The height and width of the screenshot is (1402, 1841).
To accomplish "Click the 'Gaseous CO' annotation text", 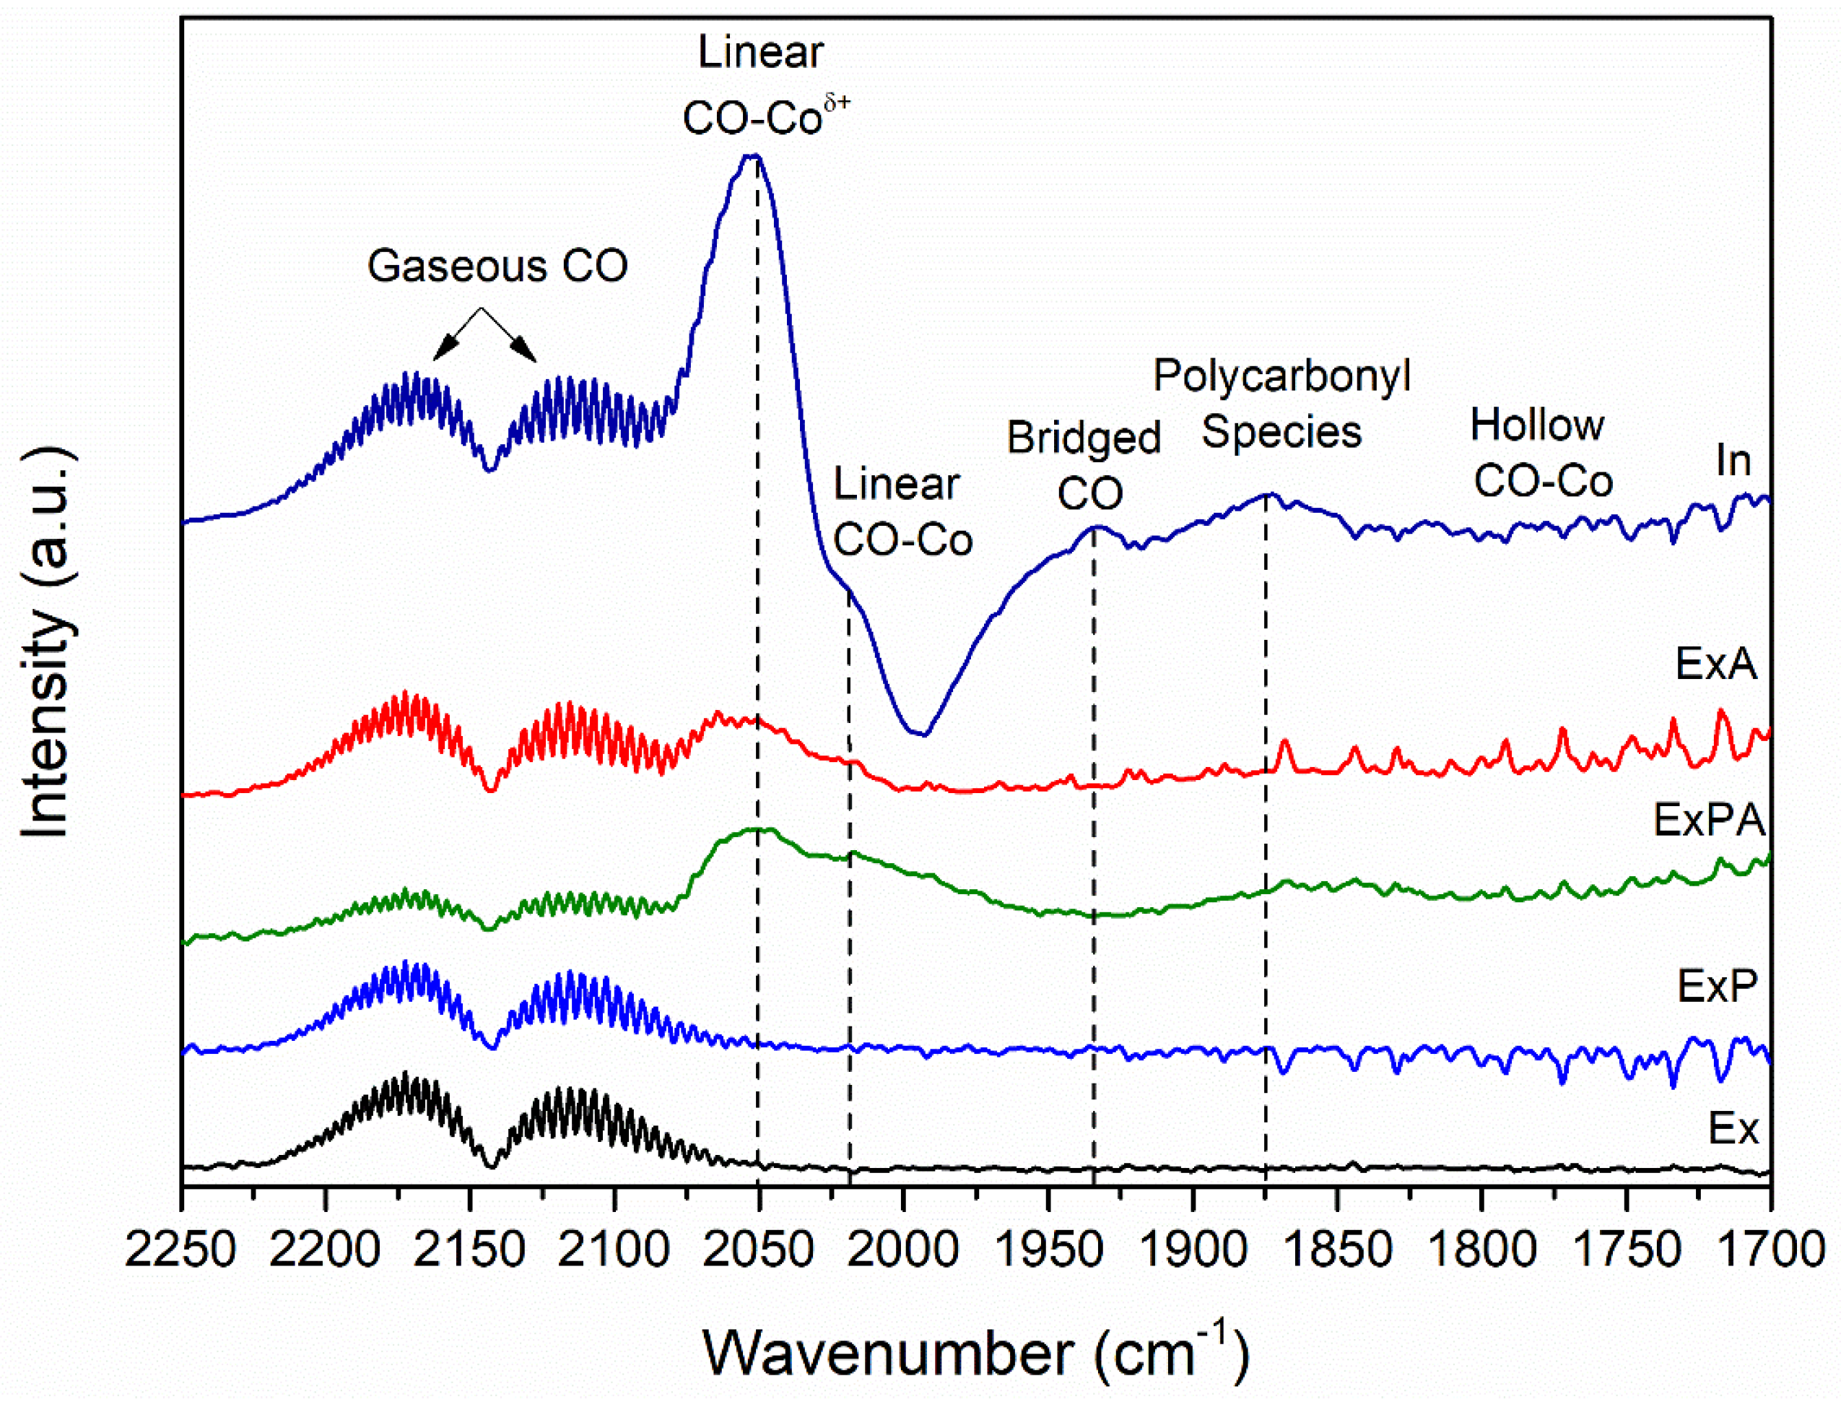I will coord(497,267).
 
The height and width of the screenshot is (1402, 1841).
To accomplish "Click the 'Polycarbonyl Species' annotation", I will coord(1281,404).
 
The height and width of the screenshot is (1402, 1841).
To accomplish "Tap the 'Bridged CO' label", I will coord(1084,466).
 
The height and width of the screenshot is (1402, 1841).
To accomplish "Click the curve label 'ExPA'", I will coord(1709,821).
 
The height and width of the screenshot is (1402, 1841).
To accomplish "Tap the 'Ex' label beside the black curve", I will coord(1733,1129).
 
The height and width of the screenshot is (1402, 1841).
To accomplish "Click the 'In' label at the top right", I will coord(1733,461).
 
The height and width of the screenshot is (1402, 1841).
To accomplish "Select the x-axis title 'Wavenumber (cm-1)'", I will coord(976,1351).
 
